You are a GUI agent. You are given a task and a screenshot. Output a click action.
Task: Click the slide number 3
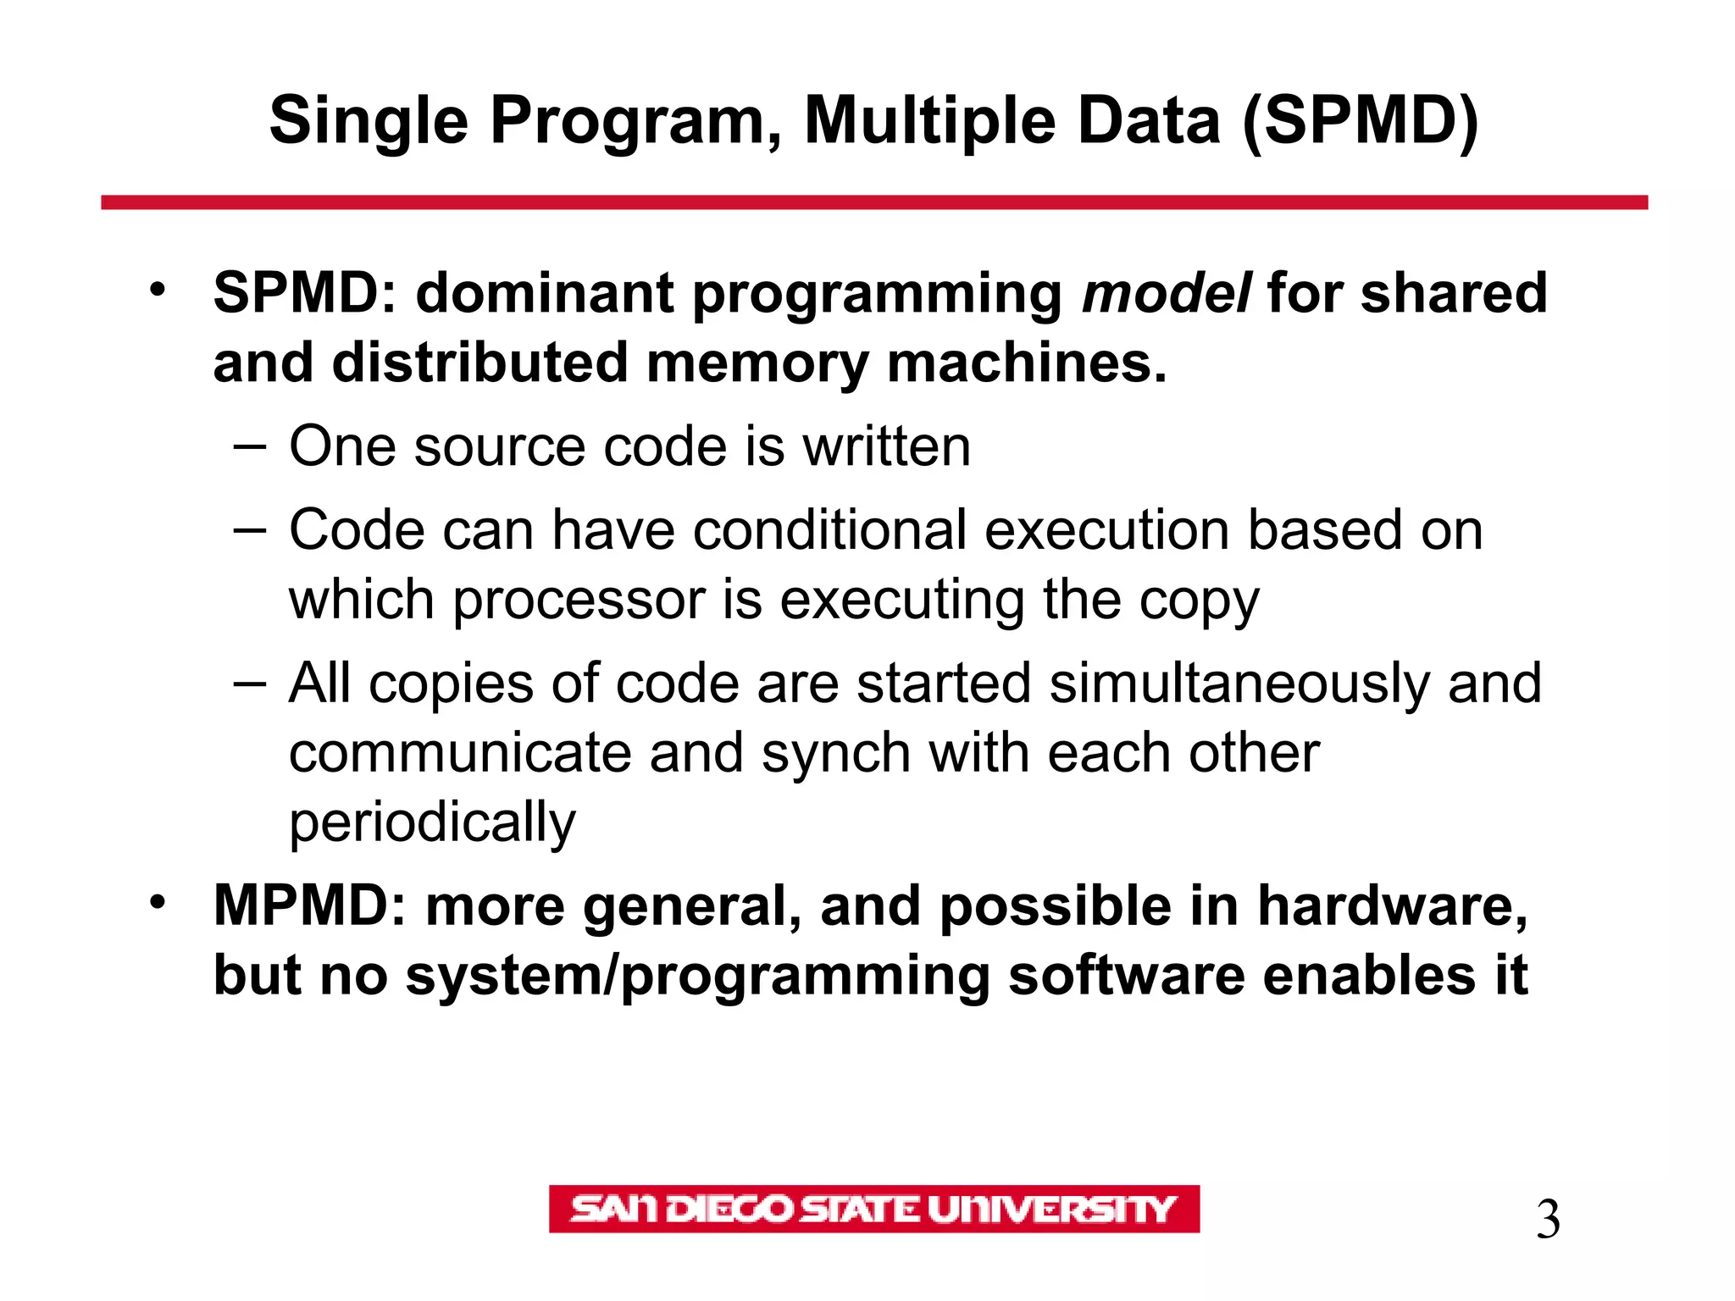[x=1547, y=1221]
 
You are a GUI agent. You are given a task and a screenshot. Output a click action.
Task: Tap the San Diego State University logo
[x=873, y=1209]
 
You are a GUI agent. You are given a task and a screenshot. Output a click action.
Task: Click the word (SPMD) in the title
[x=1361, y=121]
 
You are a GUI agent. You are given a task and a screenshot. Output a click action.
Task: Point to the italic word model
[x=1166, y=293]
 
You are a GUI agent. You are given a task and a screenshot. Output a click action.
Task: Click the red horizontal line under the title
[x=873, y=202]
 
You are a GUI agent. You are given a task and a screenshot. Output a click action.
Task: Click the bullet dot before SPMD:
[x=158, y=290]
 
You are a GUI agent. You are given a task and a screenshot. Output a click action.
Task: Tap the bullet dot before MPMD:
[x=158, y=903]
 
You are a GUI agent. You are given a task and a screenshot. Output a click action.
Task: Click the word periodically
[x=432, y=822]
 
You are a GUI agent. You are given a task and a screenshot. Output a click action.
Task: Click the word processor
[x=579, y=600]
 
